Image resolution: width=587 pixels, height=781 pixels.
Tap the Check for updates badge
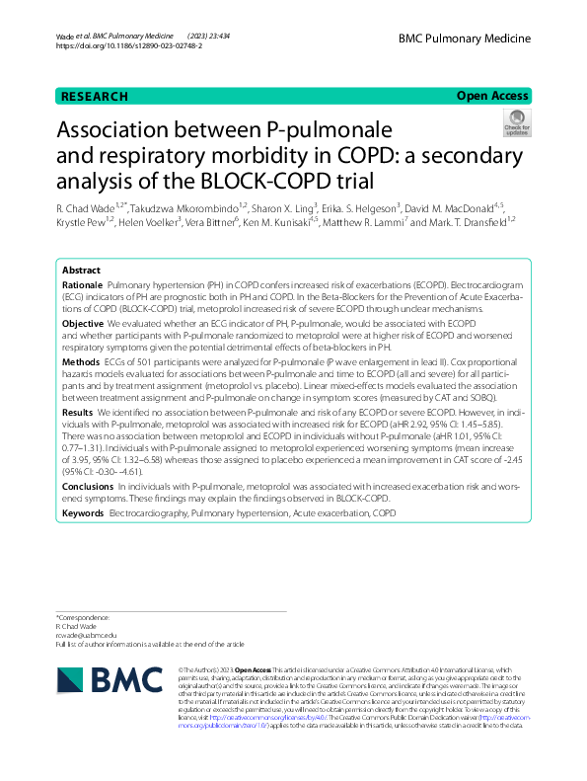[516, 125]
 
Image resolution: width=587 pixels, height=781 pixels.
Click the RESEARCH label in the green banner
[95, 97]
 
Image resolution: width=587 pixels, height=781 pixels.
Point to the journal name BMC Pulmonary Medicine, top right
[464, 39]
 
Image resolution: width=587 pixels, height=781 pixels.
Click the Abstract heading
[81, 270]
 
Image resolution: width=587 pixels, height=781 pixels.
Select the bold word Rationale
[83, 283]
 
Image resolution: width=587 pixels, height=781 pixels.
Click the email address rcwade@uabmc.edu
[86, 635]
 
